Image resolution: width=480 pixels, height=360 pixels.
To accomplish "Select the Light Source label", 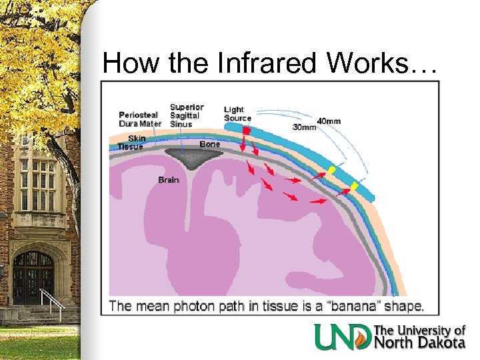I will pyautogui.click(x=237, y=114).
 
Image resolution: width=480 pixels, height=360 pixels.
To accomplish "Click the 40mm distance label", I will pyautogui.click(x=329, y=121).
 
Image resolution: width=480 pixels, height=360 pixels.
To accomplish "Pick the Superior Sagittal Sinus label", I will pyautogui.click(x=187, y=115).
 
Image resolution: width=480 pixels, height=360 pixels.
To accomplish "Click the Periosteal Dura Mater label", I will pyautogui.click(x=140, y=119).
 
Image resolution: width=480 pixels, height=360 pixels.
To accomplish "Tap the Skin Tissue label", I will pyautogui.click(x=131, y=143).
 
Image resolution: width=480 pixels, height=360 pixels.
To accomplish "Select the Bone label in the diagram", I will pyautogui.click(x=209, y=143).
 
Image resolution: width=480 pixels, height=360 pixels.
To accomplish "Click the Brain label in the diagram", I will pyautogui.click(x=168, y=179).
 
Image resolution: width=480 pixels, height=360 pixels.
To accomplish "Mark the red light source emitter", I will pyautogui.click(x=246, y=132).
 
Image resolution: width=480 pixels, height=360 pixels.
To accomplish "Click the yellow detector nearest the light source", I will pyautogui.click(x=330, y=171).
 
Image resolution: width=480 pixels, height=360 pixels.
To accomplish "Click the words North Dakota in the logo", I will pyautogui.click(x=419, y=343).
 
